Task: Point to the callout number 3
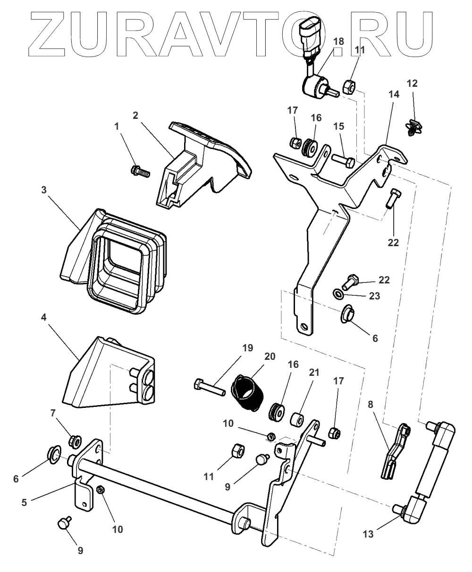pyautogui.click(x=43, y=190)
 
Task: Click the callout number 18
pyautogui.click(x=338, y=42)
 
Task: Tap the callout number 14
pyautogui.click(x=394, y=94)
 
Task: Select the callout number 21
pyautogui.click(x=314, y=373)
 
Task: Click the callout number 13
pyautogui.click(x=368, y=534)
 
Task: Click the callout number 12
pyautogui.click(x=412, y=83)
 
